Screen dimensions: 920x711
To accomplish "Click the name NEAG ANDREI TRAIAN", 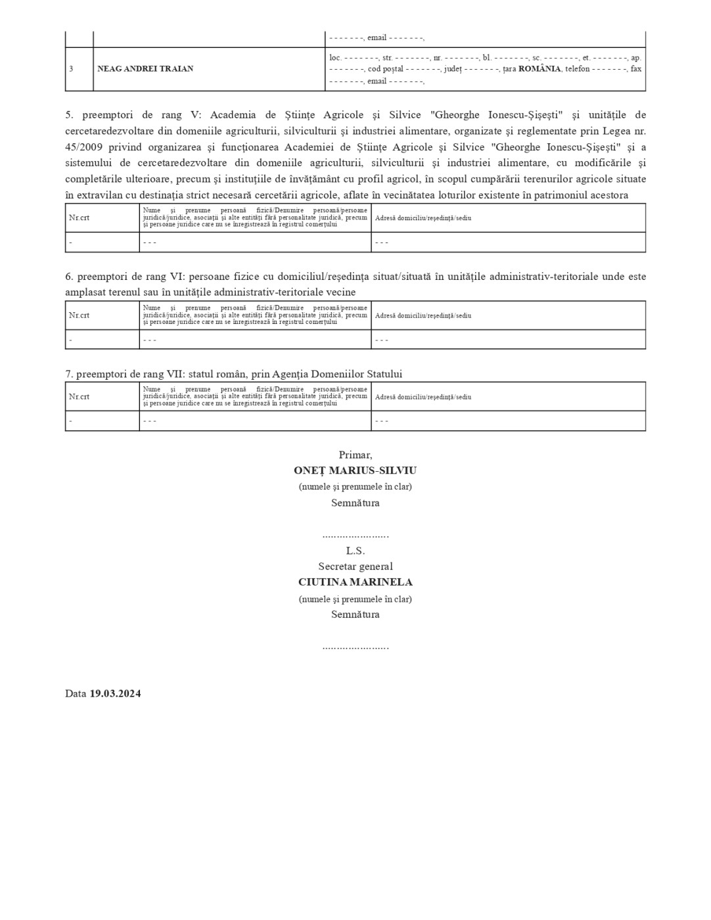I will (145, 68).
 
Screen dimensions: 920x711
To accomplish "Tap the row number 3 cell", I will (71, 68).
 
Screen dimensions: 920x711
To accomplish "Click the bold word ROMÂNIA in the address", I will (539, 68).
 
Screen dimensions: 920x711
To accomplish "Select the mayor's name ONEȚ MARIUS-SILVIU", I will (355, 471).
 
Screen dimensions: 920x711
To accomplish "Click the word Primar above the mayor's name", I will (355, 455).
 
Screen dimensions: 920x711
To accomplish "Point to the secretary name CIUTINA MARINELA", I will (355, 582).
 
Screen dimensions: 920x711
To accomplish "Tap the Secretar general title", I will (355, 566).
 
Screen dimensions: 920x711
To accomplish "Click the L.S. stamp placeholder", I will (355, 551).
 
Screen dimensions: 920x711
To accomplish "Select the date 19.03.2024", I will (115, 693).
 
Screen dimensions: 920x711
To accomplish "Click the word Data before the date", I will (76, 693).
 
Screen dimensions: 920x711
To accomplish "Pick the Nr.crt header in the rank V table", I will (80, 218).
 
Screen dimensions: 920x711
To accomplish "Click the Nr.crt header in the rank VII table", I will (80, 397).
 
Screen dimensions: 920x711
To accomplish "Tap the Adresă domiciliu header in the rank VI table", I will (423, 315).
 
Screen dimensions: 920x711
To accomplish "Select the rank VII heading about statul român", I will (233, 374).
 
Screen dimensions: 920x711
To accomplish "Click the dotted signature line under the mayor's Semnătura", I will (355, 536).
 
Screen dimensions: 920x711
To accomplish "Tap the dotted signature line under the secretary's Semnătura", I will (355, 647).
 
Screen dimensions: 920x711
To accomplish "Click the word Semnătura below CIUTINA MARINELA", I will (355, 614).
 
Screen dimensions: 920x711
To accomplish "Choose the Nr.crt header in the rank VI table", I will (80, 315).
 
